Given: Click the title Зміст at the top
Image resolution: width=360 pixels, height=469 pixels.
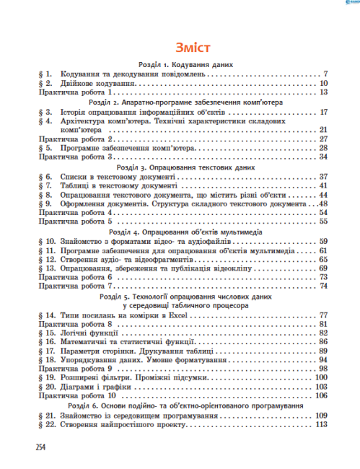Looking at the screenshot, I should coord(180,48).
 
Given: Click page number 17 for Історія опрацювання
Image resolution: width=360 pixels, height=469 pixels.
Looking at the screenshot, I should coord(324,113).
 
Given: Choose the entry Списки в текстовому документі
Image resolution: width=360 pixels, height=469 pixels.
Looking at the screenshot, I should coord(119,176).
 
